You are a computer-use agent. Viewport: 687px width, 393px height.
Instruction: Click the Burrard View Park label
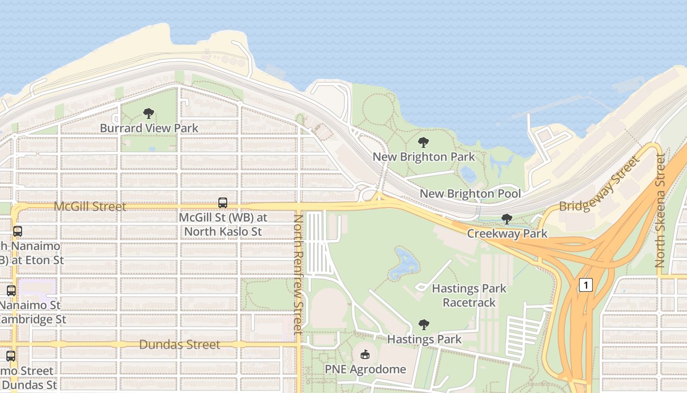point(149,128)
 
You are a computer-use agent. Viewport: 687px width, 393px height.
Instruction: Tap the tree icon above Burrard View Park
point(149,113)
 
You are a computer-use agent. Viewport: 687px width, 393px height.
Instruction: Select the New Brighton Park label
point(423,157)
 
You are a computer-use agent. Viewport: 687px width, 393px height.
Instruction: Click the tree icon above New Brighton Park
point(423,143)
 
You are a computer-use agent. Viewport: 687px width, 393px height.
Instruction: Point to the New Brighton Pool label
point(470,194)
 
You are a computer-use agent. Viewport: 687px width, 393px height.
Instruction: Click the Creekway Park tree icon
point(507,219)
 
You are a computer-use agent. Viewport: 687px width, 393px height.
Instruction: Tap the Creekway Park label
point(507,233)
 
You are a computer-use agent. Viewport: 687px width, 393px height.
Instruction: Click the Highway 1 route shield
point(585,284)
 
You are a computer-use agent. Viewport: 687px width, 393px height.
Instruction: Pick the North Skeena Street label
point(661,210)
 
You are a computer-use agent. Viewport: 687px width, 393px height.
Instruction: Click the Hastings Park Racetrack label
point(469,295)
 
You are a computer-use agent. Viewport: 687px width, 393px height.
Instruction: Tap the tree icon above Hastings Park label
point(424,325)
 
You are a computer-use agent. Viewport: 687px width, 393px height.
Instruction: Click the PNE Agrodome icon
point(365,354)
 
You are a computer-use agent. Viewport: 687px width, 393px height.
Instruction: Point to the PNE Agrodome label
point(365,369)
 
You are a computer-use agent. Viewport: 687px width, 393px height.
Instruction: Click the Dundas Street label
point(180,344)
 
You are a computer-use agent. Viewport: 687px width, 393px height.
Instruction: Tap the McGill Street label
point(90,206)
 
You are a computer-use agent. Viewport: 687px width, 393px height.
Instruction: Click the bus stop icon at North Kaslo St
point(222,202)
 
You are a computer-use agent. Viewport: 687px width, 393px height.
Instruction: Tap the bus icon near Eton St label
point(18,231)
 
